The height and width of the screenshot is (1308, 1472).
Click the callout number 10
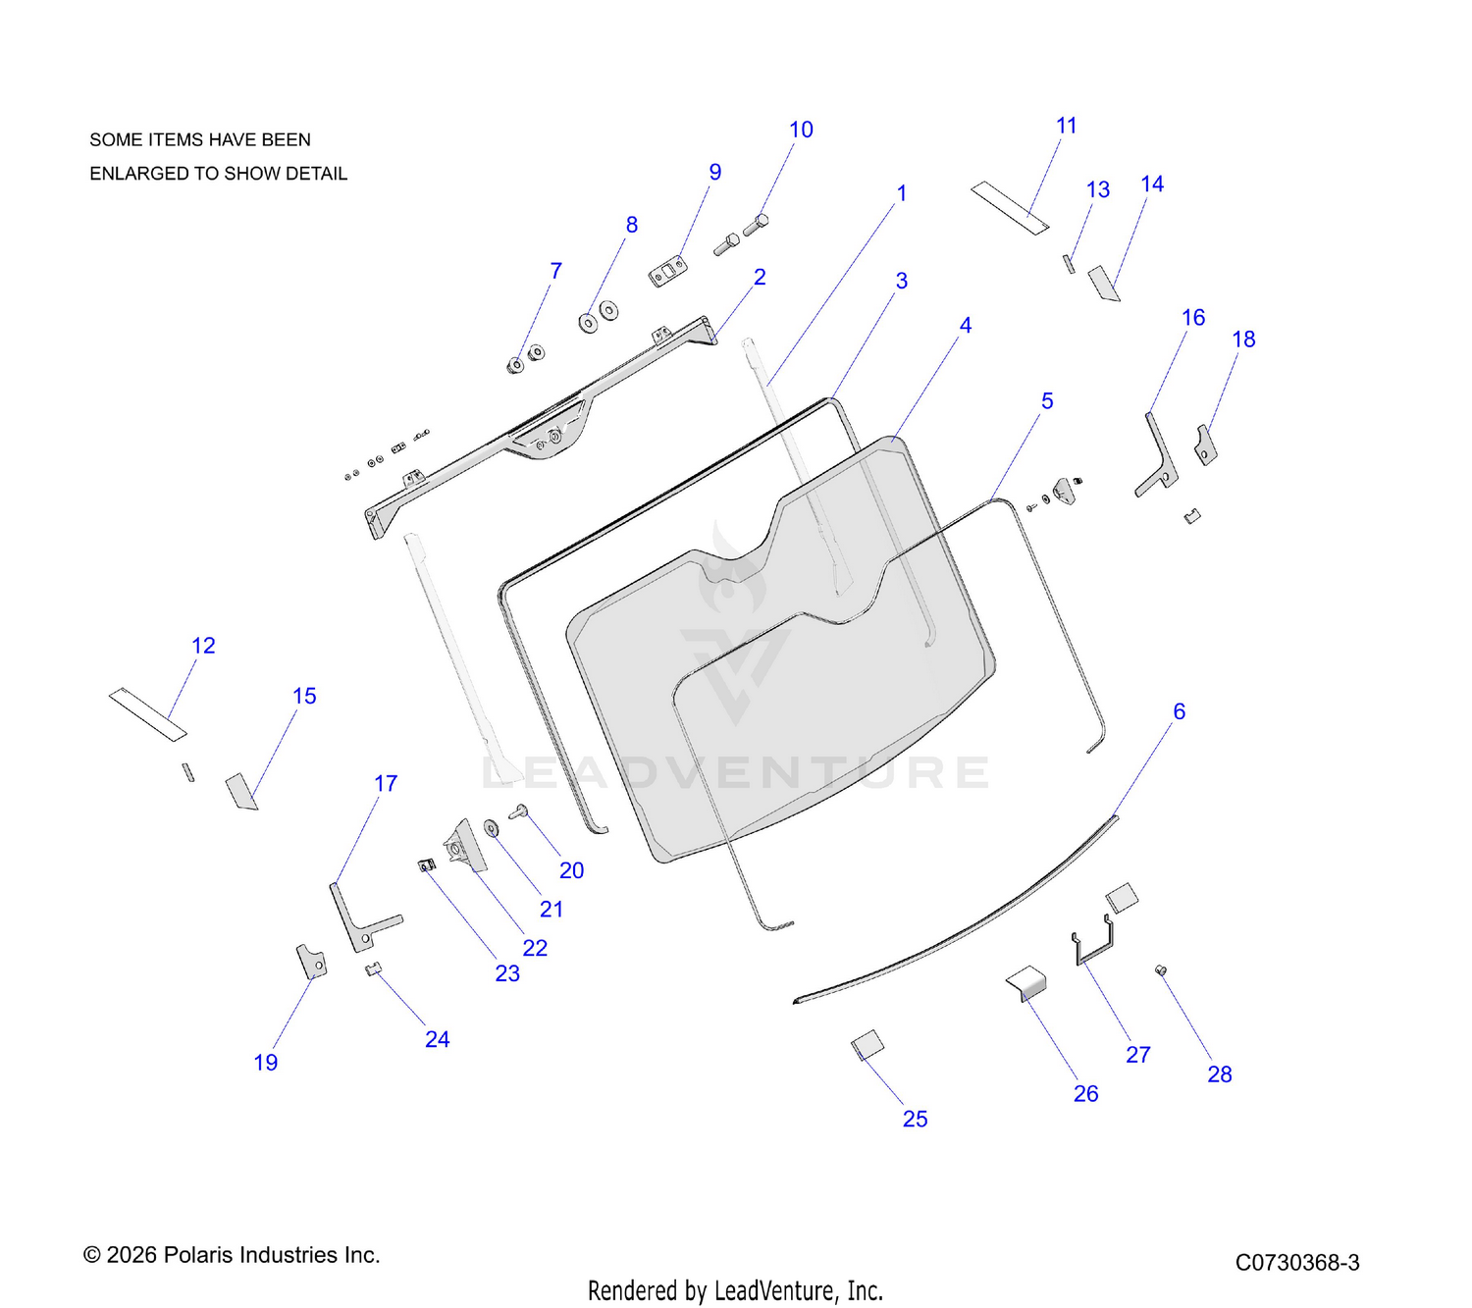pos(801,131)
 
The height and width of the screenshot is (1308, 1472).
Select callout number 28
pos(1220,1074)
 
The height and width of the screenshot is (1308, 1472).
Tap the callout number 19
pos(266,1063)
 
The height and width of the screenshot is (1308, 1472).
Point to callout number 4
pos(966,326)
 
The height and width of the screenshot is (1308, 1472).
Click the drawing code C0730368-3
pos(1297,1262)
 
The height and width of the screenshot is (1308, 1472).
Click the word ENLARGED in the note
pos(135,174)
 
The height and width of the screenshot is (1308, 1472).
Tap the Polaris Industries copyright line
pos(232,1255)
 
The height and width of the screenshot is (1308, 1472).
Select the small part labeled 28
pos(1160,970)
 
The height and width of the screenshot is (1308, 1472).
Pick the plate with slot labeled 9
pos(667,271)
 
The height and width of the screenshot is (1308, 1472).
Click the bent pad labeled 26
pos(1026,983)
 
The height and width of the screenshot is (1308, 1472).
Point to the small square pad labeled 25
pos(867,1045)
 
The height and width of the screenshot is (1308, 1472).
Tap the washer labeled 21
pos(491,827)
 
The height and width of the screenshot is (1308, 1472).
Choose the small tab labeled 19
pos(312,961)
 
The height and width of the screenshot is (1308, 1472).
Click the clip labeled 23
pos(427,864)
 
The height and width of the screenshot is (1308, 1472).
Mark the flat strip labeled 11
pos(1010,208)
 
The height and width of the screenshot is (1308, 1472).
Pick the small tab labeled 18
pos(1205,445)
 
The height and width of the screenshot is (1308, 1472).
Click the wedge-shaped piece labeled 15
pos(241,791)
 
